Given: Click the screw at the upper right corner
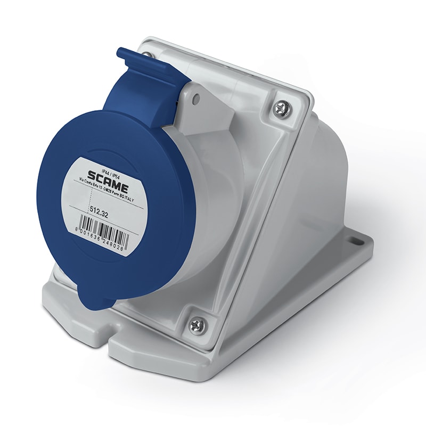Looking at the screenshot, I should pyautogui.click(x=282, y=109).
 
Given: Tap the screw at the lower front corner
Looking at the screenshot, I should pyautogui.click(x=197, y=324).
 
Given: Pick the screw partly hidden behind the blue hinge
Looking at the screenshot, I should pyautogui.click(x=148, y=55).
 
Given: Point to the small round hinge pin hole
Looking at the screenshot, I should pyautogui.click(x=196, y=99).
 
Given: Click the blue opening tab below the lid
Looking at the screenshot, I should pyautogui.click(x=96, y=298).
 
